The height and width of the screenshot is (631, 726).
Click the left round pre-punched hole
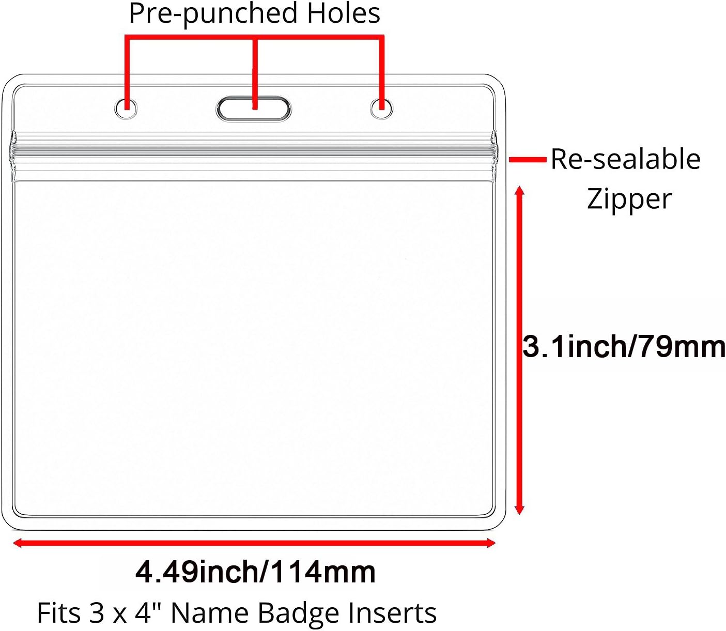pos(126,108)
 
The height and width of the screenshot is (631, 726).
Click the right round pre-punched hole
pos(381,108)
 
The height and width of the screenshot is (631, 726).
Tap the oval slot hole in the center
pos(253,109)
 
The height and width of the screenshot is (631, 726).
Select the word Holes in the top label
pos(344,13)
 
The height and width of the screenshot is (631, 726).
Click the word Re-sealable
pos(626,159)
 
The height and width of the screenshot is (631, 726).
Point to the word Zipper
pos(629,199)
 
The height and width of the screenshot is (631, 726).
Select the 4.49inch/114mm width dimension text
pos(255,572)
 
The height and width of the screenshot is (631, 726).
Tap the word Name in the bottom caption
pos(210,613)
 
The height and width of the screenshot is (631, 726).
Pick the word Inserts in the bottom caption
pos(392,613)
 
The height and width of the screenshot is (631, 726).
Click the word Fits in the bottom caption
pos(59,613)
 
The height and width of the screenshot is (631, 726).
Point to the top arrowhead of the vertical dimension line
pos(519,190)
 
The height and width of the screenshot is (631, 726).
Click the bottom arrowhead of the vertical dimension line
pos(519,510)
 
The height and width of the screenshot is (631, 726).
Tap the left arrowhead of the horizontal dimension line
pos(17,543)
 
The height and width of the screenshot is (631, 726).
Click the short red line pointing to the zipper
pos(528,160)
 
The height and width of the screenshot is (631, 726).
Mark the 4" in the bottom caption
pos(148,612)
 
